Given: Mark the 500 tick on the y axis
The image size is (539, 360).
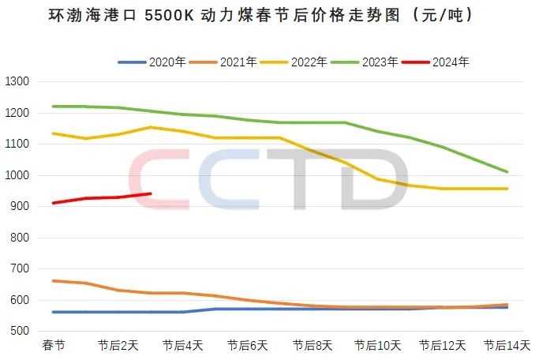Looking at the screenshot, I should click(20, 332).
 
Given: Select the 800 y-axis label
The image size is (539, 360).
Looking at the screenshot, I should click(20, 238).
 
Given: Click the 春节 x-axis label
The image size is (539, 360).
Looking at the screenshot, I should click(54, 346).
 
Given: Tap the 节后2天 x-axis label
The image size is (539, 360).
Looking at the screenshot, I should click(118, 346).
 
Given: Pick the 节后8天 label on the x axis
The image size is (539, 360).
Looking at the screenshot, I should click(313, 346).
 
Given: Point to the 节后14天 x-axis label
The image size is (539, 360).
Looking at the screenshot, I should click(506, 346).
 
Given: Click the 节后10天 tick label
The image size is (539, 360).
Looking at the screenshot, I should click(378, 346).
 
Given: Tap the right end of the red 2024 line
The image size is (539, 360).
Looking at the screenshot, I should click(150, 193).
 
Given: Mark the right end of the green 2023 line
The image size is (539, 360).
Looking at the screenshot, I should click(507, 171).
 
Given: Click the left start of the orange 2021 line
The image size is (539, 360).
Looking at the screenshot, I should click(53, 281).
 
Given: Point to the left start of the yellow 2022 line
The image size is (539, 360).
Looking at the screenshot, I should click(53, 133).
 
